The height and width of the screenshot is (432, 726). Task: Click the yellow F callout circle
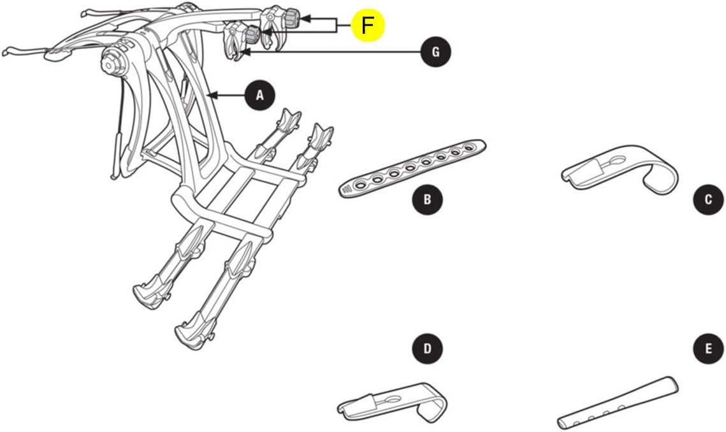click(367, 25)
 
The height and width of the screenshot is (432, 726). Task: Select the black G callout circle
click(435, 52)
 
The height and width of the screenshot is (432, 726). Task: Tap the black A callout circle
click(259, 96)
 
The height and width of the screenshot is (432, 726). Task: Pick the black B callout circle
click(427, 199)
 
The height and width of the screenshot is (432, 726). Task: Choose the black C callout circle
click(708, 199)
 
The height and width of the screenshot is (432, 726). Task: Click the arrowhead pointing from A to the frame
click(213, 96)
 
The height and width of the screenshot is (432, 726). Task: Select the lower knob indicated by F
click(253, 32)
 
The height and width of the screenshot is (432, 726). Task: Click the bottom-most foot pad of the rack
click(191, 334)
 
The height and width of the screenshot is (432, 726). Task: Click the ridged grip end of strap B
click(347, 189)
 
